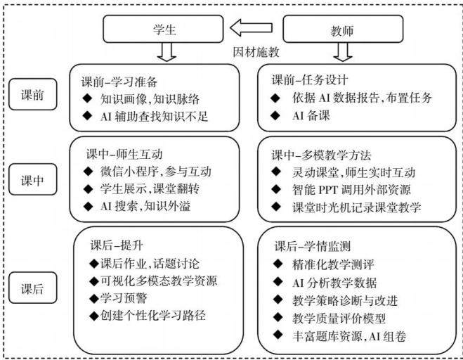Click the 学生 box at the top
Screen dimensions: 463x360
[163, 29]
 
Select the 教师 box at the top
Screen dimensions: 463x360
[343, 29]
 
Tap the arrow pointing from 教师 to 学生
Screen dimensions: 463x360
[251, 27]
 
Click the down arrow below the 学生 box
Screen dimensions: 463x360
[167, 52]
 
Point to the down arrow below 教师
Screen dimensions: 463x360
[343, 52]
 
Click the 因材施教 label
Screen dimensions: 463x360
[256, 52]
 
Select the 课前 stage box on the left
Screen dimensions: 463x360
[32, 94]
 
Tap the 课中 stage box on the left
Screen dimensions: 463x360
[32, 179]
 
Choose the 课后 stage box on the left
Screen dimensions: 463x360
[32, 288]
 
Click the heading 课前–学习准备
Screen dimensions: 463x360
[119, 82]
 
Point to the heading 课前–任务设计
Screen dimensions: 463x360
[310, 79]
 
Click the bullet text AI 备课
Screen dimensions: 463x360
[311, 115]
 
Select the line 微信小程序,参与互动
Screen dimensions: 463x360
[155, 172]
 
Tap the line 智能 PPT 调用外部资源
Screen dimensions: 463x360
[351, 190]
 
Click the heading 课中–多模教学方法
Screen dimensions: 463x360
[321, 155]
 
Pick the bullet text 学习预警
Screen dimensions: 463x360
[124, 298]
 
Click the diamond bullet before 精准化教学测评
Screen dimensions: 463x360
[278, 264]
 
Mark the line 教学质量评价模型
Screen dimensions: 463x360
[339, 319]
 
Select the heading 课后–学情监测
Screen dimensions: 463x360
[313, 246]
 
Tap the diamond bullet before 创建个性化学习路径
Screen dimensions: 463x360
[94, 316]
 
